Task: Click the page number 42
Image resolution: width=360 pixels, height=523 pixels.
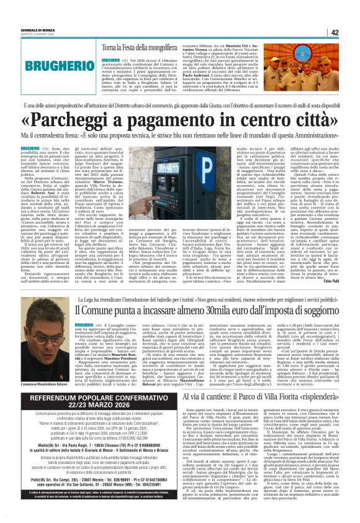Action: tap(351, 33)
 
